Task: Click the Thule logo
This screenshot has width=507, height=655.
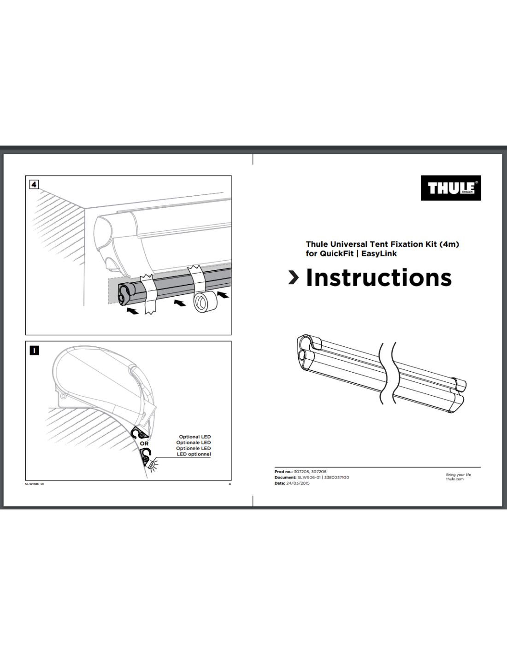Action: pyautogui.click(x=451, y=188)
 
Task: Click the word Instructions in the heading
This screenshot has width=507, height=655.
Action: pyautogui.click(x=378, y=278)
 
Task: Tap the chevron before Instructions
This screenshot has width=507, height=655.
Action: pyautogui.click(x=293, y=277)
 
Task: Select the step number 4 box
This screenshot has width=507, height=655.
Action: pyautogui.click(x=34, y=184)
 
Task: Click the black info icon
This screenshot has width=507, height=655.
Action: pyautogui.click(x=34, y=351)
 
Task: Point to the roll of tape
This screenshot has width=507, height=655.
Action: pyautogui.click(x=204, y=301)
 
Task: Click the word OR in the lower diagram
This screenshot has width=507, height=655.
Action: pyautogui.click(x=144, y=444)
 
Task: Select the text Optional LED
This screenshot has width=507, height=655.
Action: pyautogui.click(x=195, y=437)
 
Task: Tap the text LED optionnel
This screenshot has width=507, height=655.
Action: pyautogui.click(x=194, y=454)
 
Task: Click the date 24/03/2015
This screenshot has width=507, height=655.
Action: pyautogui.click(x=298, y=483)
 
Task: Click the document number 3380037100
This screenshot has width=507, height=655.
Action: pyautogui.click(x=336, y=478)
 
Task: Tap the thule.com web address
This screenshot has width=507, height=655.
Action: pyautogui.click(x=454, y=479)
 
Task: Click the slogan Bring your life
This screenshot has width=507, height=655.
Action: pyautogui.click(x=458, y=474)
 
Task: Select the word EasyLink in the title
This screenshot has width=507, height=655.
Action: pyautogui.click(x=379, y=253)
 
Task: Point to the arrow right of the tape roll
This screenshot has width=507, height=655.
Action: pyautogui.click(x=223, y=294)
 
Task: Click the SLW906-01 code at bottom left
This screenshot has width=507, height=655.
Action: pyautogui.click(x=35, y=484)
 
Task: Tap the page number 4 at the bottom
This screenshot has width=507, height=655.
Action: pyautogui.click(x=230, y=484)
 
